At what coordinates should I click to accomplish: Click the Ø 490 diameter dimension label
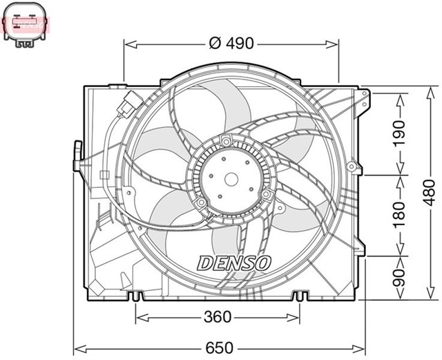[x=231, y=44]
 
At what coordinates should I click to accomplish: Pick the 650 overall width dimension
[x=219, y=347]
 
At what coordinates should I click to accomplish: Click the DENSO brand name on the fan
[x=235, y=263]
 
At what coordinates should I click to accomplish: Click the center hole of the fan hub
[x=232, y=179]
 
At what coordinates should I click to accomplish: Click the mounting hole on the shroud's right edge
[x=353, y=166]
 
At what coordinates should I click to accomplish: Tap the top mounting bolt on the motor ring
[x=225, y=142]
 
